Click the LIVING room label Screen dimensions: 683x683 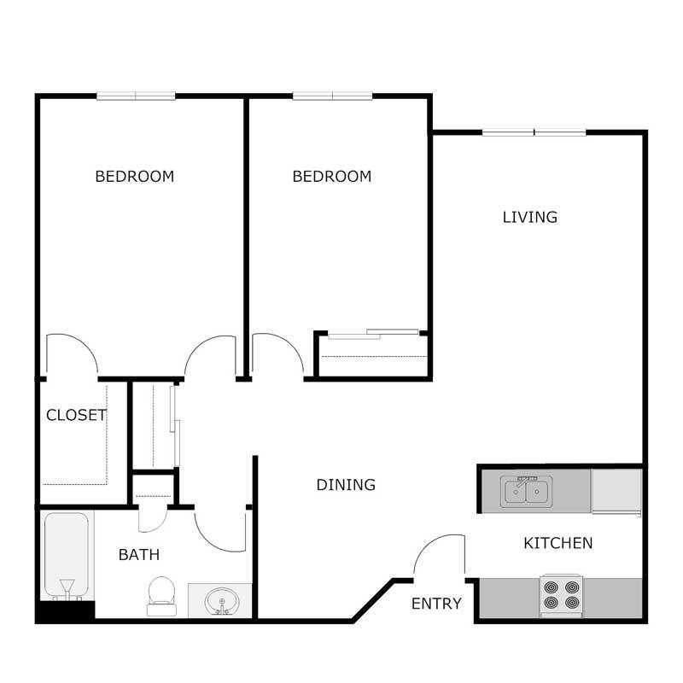pyautogui.click(x=529, y=217)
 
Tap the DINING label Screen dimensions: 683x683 pyautogui.click(x=346, y=485)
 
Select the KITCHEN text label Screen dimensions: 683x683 pyautogui.click(x=557, y=543)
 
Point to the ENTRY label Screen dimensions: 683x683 pyautogui.click(x=436, y=604)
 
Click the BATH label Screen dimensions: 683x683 pyautogui.click(x=139, y=555)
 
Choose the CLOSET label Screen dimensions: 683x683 pyautogui.click(x=76, y=416)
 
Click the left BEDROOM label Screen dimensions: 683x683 pyautogui.click(x=134, y=177)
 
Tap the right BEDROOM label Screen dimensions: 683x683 pyautogui.click(x=332, y=177)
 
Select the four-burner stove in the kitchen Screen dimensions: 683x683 pyautogui.click(x=562, y=596)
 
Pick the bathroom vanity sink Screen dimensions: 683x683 pyautogui.click(x=220, y=601)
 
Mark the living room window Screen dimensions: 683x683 pyautogui.click(x=534, y=132)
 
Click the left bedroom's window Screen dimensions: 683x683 pyautogui.click(x=136, y=96)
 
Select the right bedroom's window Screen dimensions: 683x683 pyautogui.click(x=332, y=96)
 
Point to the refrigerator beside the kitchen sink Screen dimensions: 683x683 pyautogui.click(x=616, y=492)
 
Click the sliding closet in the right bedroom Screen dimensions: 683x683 pyautogui.click(x=371, y=350)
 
